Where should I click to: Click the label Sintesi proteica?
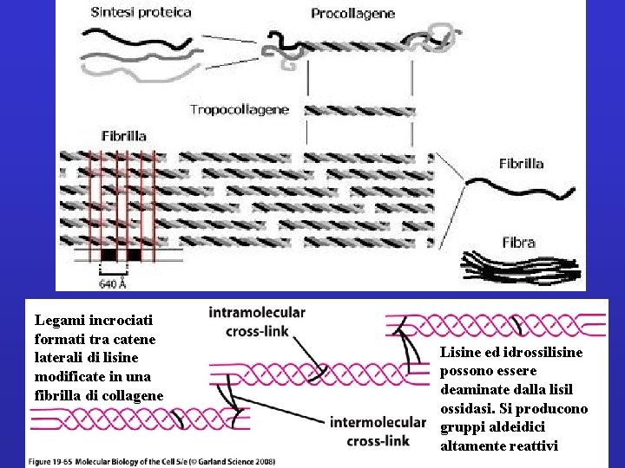pos(141,13)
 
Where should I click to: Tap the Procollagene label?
pos(353,14)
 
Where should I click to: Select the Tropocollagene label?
pos(240,110)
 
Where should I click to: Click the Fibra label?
pos(518,242)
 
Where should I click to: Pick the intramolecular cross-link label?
pos(257,322)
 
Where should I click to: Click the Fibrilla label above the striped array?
pos(124,136)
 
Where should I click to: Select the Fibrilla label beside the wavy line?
pos(522,164)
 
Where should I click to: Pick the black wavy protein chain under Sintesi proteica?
pos(139,37)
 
